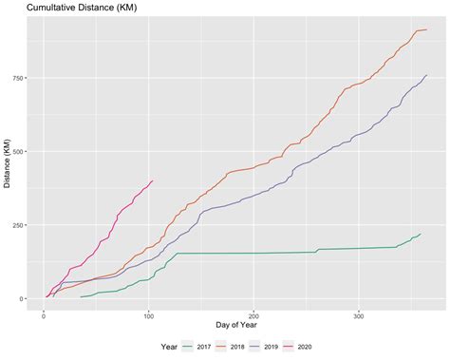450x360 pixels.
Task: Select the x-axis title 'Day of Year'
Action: (x=234, y=326)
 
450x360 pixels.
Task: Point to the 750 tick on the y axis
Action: (x=20, y=79)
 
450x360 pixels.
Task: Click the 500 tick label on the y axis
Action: (x=20, y=152)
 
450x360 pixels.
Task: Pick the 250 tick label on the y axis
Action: (x=20, y=225)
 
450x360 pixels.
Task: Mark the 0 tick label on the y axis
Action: (x=25, y=298)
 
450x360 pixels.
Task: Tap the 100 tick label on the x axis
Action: (x=148, y=314)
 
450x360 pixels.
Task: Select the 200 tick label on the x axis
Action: (x=253, y=314)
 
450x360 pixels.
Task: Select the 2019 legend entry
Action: (x=271, y=348)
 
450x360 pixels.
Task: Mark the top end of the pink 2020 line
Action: (x=153, y=180)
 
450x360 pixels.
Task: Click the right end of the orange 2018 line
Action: (x=426, y=29)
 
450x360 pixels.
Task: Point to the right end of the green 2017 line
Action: (x=420, y=234)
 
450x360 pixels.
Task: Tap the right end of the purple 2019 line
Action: (x=426, y=75)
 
